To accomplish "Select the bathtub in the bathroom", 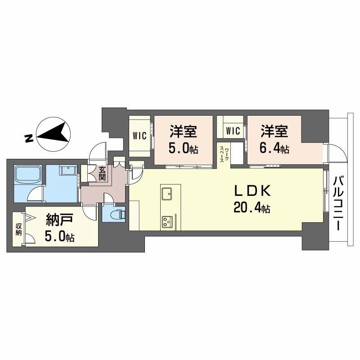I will click(28, 175).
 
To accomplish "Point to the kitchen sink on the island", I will click(167, 194).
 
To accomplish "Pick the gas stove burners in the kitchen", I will click(167, 221).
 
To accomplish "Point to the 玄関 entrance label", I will click(103, 174).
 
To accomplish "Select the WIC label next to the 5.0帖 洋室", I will click(139, 135).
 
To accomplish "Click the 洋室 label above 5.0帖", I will click(183, 132).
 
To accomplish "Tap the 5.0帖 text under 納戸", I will click(60, 237).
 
